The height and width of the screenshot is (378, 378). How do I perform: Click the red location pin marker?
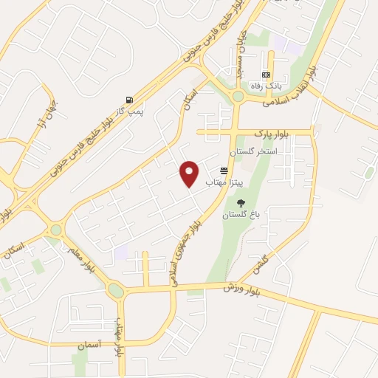(x=190, y=172)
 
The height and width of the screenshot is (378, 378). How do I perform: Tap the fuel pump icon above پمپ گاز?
(x=131, y=100)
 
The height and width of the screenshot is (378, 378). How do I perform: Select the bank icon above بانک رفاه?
(x=266, y=75)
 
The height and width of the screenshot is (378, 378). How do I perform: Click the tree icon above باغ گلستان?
(x=239, y=204)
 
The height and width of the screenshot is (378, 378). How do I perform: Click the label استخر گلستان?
(x=253, y=151)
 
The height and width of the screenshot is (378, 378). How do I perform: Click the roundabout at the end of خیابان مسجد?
(x=238, y=95)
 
